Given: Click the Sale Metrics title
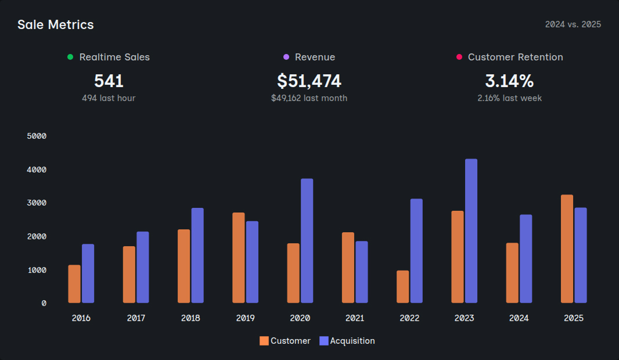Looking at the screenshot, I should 55,24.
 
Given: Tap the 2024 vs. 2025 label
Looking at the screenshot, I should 573,24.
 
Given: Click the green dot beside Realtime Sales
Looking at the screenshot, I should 70,57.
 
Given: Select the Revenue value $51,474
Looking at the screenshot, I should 309,81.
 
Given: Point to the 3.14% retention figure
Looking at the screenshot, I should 509,81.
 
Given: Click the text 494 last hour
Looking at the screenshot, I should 109,98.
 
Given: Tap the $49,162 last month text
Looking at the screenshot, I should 309,98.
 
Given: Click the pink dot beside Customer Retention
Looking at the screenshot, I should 459,57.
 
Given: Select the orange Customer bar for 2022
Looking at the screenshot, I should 402,287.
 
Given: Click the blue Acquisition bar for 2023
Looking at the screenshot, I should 471,231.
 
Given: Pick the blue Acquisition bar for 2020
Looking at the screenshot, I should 307,241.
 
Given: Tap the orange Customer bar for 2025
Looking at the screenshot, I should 567,249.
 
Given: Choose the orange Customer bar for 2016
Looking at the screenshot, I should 74,284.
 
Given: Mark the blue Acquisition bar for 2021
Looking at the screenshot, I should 362,272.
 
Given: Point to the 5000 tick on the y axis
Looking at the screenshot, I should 37,136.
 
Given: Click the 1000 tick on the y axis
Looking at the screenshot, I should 37,270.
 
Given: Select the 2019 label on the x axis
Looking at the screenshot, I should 245,318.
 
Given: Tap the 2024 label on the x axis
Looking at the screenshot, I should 519,318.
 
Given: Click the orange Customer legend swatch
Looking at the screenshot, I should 264,341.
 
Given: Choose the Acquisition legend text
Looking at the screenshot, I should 352,341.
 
